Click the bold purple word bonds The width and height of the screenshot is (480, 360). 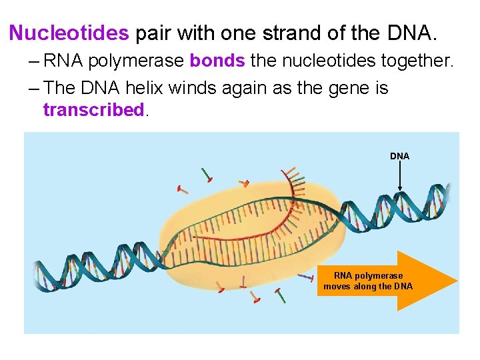[x=218, y=61]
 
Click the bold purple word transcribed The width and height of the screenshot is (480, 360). [x=93, y=110]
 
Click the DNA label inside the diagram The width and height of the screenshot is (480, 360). [x=399, y=156]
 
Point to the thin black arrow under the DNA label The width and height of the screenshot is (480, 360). [x=399, y=177]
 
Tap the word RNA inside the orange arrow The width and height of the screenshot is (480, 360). [x=343, y=275]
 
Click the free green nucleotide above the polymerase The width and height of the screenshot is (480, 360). [x=208, y=175]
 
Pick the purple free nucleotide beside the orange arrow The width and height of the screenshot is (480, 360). [x=306, y=276]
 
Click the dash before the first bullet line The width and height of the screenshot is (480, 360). [x=34, y=61]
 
